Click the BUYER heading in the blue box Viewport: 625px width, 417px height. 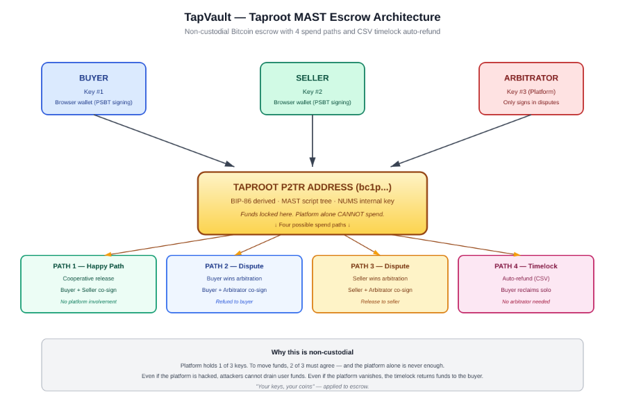click(94, 78)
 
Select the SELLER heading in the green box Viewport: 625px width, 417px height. click(312, 78)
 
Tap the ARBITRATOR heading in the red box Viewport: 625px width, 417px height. click(531, 78)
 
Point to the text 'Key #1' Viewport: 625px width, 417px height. click(94, 92)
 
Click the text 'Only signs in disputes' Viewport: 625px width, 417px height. click(531, 102)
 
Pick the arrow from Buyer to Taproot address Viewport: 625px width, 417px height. click(164, 141)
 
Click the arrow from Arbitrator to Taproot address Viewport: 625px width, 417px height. click(461, 141)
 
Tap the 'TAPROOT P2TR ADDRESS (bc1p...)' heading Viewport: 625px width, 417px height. click(312, 187)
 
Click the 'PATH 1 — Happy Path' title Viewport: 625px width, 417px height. click(88, 266)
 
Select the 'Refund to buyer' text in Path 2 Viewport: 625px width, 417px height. click(234, 302)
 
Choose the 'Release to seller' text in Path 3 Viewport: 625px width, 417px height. click(380, 302)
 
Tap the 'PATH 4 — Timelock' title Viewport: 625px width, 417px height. click(526, 266)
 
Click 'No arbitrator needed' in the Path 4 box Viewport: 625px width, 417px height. click(526, 302)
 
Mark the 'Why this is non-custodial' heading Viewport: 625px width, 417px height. click(312, 352)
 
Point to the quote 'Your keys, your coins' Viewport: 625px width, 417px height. click(312, 386)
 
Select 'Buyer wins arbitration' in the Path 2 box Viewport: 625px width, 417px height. click(234, 279)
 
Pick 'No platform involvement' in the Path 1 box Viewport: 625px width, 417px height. click(88, 302)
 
